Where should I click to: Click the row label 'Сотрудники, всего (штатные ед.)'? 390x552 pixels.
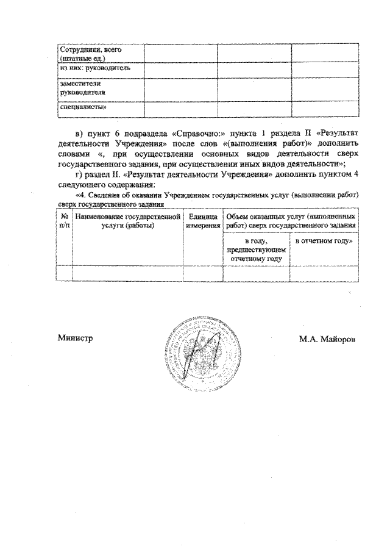[82, 53]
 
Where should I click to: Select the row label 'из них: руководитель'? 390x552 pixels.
[89, 70]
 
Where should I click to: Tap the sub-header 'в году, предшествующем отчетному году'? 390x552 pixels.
[256, 250]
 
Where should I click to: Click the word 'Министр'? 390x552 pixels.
[75, 339]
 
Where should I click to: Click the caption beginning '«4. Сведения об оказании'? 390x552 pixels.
[208, 195]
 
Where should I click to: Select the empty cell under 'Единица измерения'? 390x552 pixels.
[203, 273]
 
